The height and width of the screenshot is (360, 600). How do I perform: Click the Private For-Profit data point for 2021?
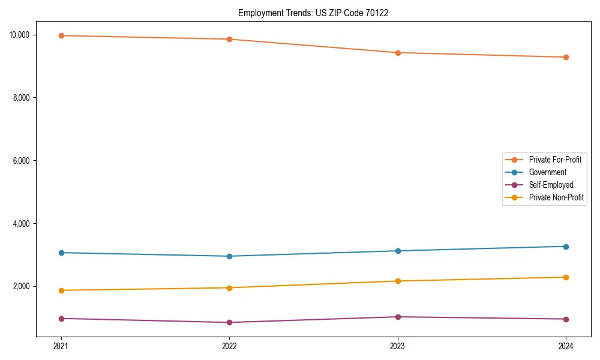coord(61,35)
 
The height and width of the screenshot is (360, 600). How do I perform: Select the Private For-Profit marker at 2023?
coord(398,53)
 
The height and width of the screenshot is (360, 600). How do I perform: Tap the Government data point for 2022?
coord(229,256)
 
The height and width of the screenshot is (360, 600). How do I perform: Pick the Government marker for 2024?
coord(566,247)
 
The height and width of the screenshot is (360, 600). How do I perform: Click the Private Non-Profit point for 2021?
coord(61,290)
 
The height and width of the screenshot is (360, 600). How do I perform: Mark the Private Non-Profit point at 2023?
coord(398,281)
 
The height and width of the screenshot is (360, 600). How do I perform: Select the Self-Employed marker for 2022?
coord(229,322)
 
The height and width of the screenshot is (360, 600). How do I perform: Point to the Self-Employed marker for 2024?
coord(566,319)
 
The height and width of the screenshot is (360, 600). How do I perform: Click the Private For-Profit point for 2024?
coord(566,57)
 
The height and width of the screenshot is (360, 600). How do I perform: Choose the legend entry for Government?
coord(547,172)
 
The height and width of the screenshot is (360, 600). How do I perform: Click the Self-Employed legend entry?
coord(551,185)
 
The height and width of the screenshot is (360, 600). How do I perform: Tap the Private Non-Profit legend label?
coord(556,197)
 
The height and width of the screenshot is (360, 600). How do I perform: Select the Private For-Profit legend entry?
coord(554,160)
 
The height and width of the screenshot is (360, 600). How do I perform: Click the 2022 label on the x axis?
coord(229,346)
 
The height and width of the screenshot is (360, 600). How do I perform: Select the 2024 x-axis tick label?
coord(566,346)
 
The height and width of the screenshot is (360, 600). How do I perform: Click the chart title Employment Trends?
coord(313,13)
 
